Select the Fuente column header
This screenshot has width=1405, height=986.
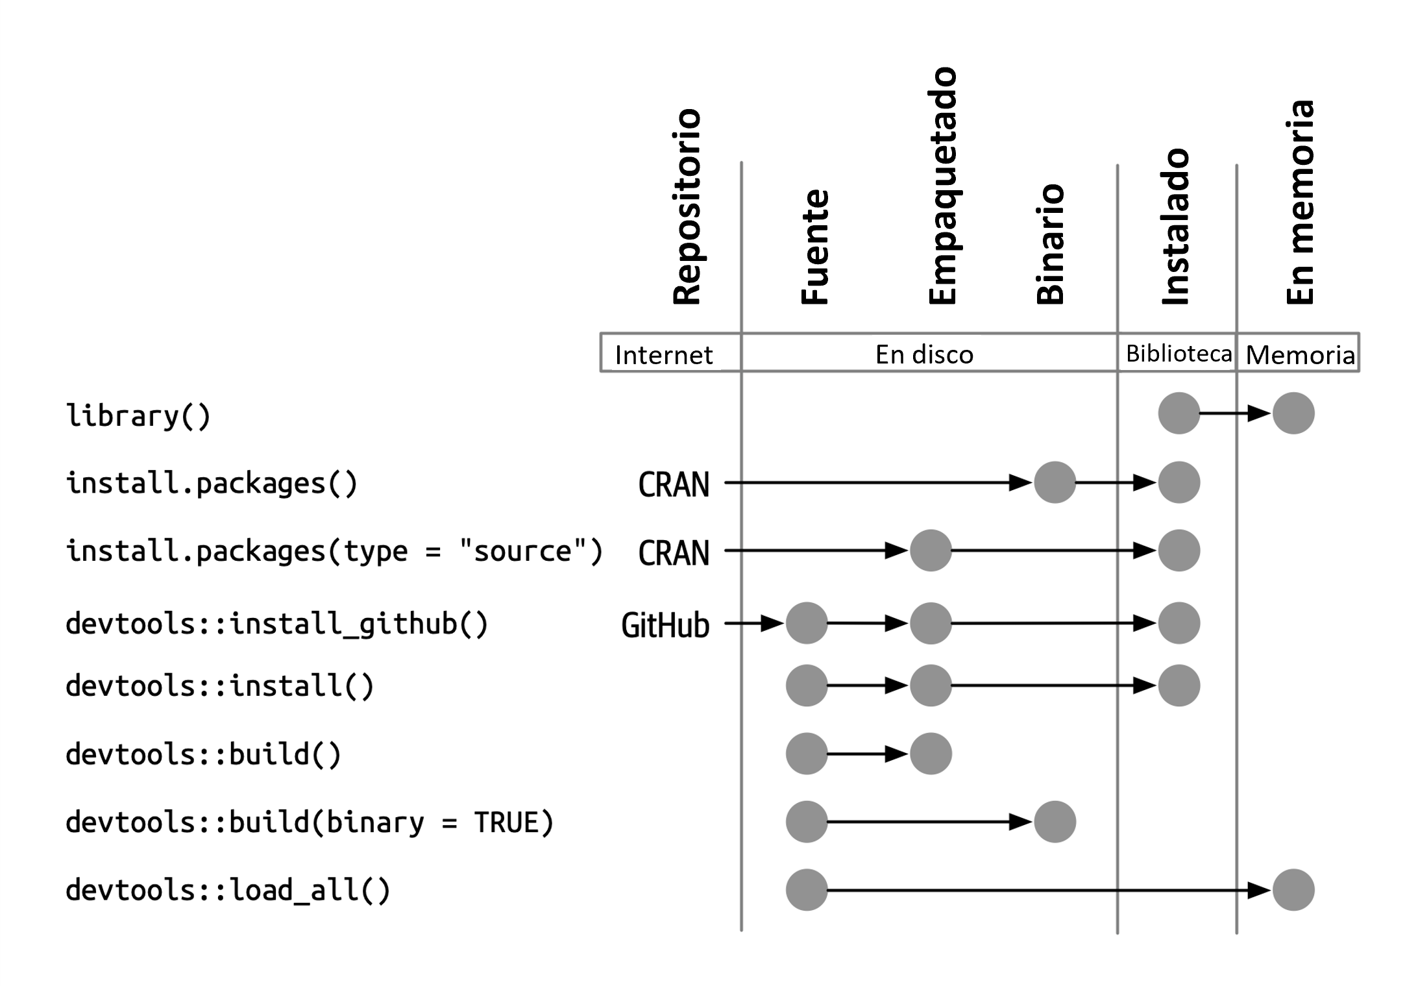(x=815, y=247)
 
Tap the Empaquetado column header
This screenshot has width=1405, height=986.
(x=942, y=186)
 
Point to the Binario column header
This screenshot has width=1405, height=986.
(x=1050, y=245)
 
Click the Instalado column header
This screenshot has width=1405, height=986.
(x=1175, y=227)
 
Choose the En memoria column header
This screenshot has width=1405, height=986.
(x=1300, y=203)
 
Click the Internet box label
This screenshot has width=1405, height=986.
(x=663, y=355)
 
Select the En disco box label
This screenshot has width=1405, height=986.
(x=924, y=354)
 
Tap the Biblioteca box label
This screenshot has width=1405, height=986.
(x=1178, y=354)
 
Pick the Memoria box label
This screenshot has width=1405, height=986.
(x=1300, y=355)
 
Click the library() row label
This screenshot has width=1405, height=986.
(x=138, y=415)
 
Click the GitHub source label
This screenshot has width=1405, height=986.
(x=665, y=626)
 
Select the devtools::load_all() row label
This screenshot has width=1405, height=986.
(x=228, y=890)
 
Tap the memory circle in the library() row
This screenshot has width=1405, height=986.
(x=1293, y=413)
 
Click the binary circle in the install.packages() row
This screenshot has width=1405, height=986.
(x=1055, y=482)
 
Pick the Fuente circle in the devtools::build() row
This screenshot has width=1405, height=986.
(x=806, y=754)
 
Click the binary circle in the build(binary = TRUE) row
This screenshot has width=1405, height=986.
(x=1055, y=822)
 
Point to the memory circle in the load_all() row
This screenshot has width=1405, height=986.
(x=1293, y=890)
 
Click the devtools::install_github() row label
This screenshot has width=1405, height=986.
(x=276, y=624)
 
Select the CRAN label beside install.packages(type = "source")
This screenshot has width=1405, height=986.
(x=674, y=554)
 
